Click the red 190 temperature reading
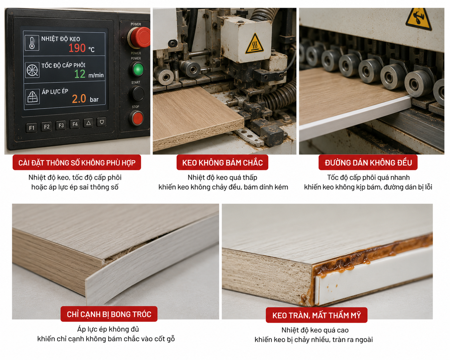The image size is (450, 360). pos(77,48)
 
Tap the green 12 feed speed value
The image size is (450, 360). pos(80,74)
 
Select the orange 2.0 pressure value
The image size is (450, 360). pos(79,99)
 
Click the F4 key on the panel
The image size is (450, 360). pos(75,124)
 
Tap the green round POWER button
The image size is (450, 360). pos(136,69)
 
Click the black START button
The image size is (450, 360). pos(136,93)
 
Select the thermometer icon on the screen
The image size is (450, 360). pos(32,43)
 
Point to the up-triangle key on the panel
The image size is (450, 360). pos(89,123)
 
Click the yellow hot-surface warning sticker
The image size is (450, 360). pos(254,44)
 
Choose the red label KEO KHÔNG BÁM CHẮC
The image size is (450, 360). pos(222,162)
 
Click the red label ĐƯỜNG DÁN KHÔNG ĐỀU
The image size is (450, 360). pos(368,162)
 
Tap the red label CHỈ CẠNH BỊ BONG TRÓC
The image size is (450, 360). pos(109,314)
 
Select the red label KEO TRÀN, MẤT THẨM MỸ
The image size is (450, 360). pos(316,315)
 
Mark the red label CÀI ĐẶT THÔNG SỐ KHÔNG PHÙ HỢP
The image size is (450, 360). pos(77,162)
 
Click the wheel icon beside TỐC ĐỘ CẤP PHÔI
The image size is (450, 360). pos(32,70)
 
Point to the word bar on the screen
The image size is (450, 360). pos(94,99)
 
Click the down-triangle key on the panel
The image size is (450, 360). pos(102,122)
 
